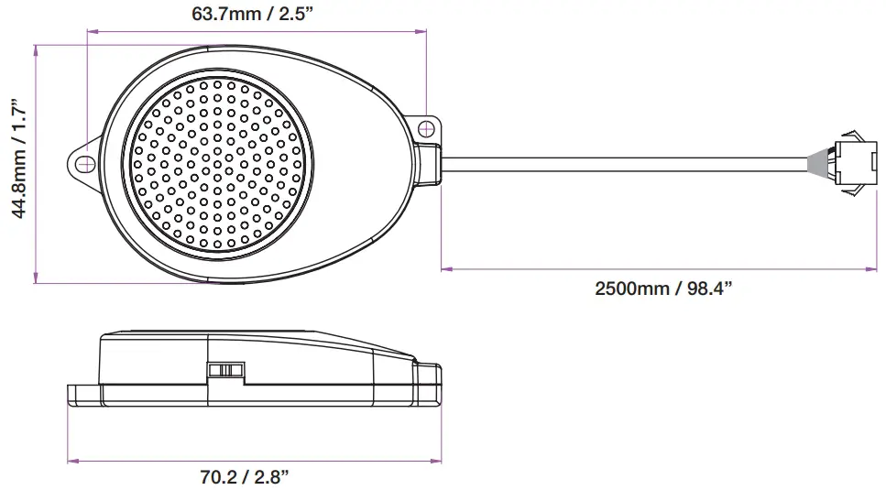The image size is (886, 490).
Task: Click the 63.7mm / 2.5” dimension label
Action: coord(256,14)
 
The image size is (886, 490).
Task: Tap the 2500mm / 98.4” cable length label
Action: coord(663,289)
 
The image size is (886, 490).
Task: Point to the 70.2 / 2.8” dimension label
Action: coord(245,476)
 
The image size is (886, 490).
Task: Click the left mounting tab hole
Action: coord(84,163)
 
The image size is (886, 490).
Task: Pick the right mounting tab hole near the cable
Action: coord(425,129)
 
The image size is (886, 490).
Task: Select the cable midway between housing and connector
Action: coord(623,167)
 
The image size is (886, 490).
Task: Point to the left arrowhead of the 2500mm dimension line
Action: coord(445,269)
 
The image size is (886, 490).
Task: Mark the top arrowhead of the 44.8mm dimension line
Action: coord(35,49)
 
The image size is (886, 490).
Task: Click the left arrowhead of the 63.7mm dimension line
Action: coord(91,32)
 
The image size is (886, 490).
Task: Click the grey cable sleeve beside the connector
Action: coord(815,167)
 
